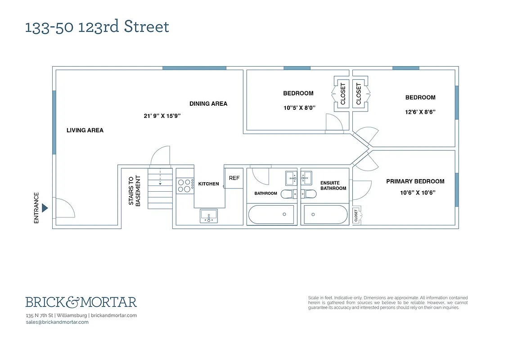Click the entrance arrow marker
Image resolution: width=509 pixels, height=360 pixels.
coord(45,208)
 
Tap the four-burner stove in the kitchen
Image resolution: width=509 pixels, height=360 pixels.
coord(184,186)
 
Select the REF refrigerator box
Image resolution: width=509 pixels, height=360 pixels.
coord(234,178)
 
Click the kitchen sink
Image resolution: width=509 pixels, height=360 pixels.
coord(208,216)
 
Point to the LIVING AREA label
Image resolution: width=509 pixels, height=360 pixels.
coord(85,130)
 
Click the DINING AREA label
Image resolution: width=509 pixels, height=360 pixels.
coord(208,104)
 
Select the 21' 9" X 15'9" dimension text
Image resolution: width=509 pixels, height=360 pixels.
coord(162,116)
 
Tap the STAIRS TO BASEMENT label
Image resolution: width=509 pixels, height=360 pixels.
coord(135,191)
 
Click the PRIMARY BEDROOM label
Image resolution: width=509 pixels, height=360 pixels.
coord(415,181)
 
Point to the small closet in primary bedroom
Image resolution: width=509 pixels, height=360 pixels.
coord(356,216)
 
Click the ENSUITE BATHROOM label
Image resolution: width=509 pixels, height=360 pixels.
coord(333,185)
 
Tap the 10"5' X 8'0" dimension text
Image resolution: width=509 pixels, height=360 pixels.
coord(298,108)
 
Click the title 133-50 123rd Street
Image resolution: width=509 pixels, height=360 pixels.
coord(97,27)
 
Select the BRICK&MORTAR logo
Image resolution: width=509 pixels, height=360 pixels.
coord(81,302)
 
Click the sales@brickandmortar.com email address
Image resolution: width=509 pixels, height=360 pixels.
coord(57,322)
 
